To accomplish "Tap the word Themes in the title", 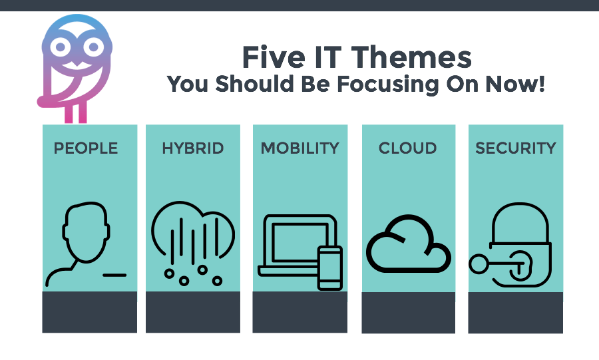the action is tap(411, 57).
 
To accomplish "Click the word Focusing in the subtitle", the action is tap(388, 85).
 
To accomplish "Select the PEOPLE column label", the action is tap(86, 148).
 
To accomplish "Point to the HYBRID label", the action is tap(192, 148).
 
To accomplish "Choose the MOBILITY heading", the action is tap(300, 148).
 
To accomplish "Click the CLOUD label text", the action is tap(407, 148).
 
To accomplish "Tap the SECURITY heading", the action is tap(516, 148).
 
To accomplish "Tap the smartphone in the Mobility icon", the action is tap(330, 268).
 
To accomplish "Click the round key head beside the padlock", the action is tap(479, 264).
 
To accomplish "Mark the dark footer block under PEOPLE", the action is tap(89, 312).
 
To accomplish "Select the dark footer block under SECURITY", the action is tap(516, 313).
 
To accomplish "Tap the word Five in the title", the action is tap(274, 57).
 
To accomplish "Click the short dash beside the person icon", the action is tap(114, 275).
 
